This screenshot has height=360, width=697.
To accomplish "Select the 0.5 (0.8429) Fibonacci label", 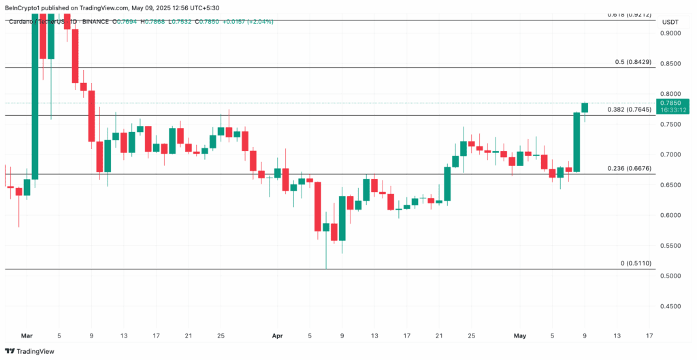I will coord(633,62).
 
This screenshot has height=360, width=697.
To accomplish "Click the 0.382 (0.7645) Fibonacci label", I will coord(629,109).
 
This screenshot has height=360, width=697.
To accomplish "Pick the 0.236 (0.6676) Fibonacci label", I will coord(629,168).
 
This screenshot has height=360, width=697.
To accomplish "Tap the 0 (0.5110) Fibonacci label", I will coord(636,263).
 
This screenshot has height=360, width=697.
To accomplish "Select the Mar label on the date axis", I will coord(27,336).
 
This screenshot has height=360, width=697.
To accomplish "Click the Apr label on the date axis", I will coord(277,336).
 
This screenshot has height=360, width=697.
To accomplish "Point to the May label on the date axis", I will coord(520,336).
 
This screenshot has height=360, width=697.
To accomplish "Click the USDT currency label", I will coord(670,22).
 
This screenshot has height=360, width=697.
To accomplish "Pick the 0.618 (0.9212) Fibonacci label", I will coord(629,14).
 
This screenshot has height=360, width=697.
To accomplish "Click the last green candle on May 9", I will coord(585,108).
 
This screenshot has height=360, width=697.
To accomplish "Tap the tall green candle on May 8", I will coord(577,142).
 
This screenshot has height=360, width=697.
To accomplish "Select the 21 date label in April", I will coord(439,336).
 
